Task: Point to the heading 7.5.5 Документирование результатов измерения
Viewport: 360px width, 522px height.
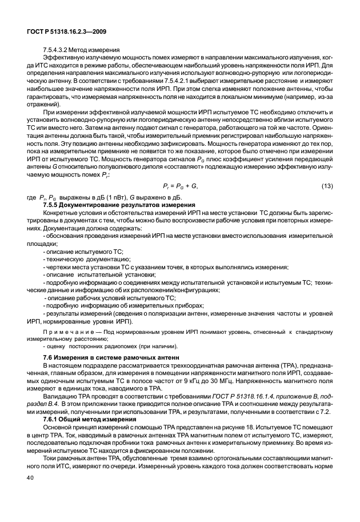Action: click(x=119, y=204)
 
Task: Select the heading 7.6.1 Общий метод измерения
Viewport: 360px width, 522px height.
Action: click(x=85, y=418)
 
